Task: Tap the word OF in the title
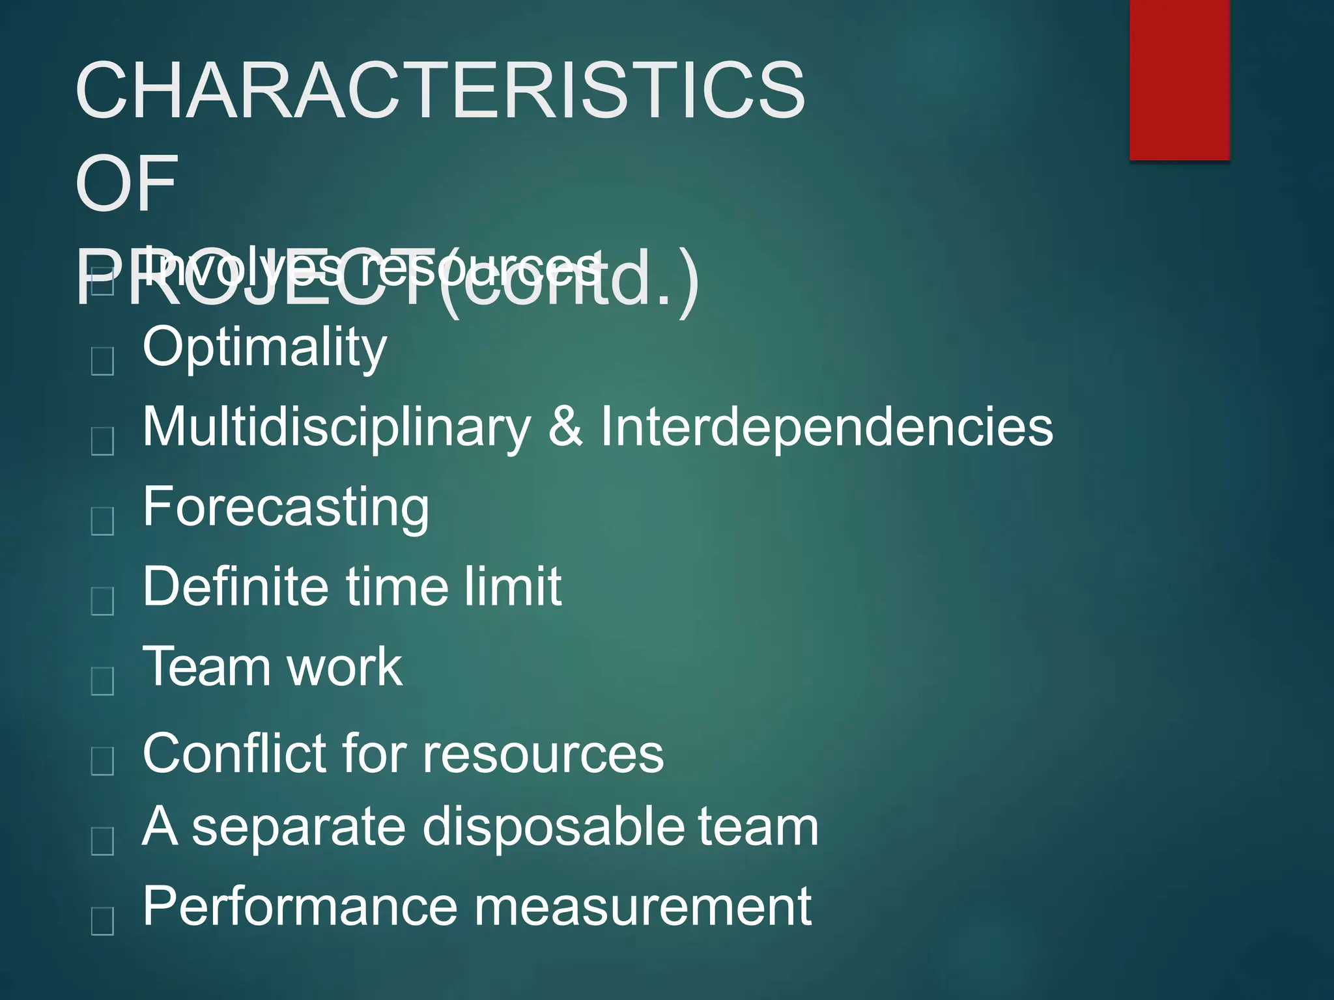pyautogui.click(x=126, y=184)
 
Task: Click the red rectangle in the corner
pyautogui.click(x=1179, y=79)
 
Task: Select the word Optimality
pyautogui.click(x=264, y=348)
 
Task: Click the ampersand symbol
pyautogui.click(x=565, y=426)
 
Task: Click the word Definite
pyautogui.click(x=234, y=586)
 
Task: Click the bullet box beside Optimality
pyautogui.click(x=103, y=361)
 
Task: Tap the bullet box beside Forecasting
pyautogui.click(x=103, y=521)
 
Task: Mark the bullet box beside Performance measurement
pyautogui.click(x=103, y=921)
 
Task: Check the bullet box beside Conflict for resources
pyautogui.click(x=103, y=760)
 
